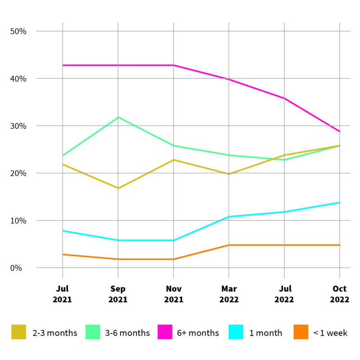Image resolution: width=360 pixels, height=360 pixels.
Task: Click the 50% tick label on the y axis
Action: pos(18,31)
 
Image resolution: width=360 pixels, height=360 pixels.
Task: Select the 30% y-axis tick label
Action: pos(18,126)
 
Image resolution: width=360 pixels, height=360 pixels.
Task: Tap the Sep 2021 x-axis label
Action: pos(118,294)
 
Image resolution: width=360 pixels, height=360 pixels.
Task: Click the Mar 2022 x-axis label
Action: pos(229,294)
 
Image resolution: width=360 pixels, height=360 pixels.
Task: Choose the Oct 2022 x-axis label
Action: pos(340,294)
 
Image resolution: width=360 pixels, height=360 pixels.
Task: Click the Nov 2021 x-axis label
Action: pos(173,294)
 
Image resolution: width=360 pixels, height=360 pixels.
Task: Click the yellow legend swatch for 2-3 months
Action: pos(19,333)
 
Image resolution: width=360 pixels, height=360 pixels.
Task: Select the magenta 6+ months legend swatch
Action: pos(165,333)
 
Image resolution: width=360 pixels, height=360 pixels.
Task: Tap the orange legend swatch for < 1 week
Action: pos(301,333)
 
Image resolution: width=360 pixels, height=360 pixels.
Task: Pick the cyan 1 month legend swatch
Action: pos(236,333)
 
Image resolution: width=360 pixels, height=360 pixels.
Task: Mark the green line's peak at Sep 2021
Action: pos(118,117)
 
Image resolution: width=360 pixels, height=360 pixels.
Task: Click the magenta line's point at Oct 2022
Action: pos(340,131)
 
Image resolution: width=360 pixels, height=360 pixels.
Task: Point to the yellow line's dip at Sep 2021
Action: pos(118,188)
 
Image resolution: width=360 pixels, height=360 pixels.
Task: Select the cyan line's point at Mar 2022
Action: pos(229,216)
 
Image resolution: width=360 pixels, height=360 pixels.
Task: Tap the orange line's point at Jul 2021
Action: pos(63,254)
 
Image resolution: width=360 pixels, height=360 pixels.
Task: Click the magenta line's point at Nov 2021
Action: pos(173,65)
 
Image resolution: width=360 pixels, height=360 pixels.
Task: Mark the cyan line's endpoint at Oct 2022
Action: pos(340,202)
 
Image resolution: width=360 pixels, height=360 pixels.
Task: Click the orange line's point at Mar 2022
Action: pos(229,245)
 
